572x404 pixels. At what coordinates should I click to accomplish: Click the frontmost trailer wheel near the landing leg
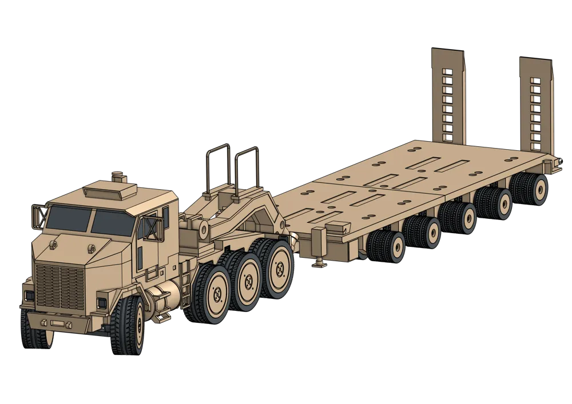coord(384,246)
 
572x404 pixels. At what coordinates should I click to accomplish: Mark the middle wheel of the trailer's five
coord(458,217)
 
